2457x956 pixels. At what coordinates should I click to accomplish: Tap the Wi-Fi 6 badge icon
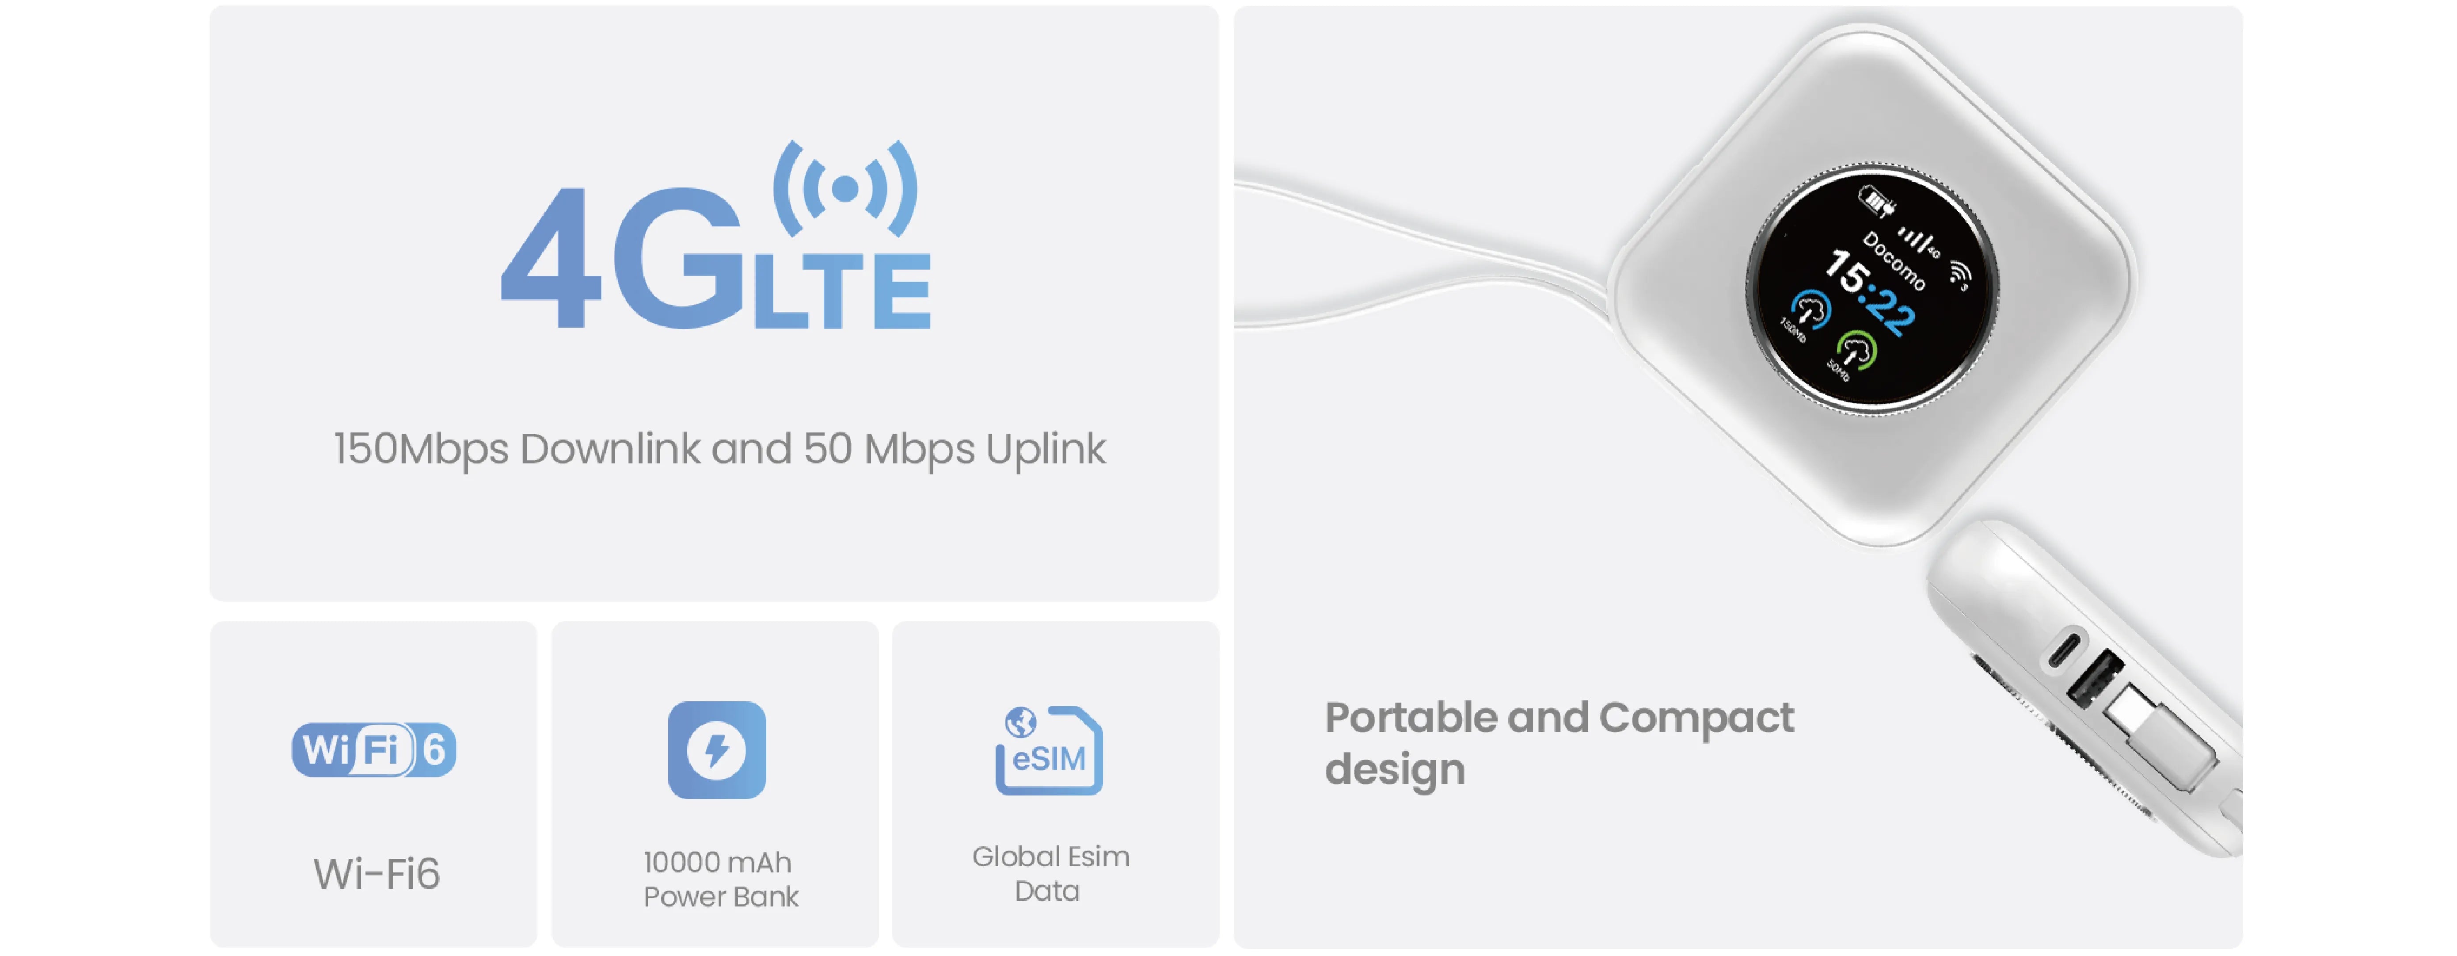click(x=374, y=750)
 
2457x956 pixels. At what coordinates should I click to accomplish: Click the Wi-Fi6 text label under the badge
click(x=377, y=874)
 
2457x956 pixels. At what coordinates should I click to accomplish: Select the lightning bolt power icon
click(x=716, y=750)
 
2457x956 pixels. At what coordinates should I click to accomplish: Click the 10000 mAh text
click(x=717, y=863)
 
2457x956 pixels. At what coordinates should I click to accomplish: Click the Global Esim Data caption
click(x=1050, y=873)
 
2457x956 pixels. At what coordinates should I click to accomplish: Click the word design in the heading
click(x=1395, y=769)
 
